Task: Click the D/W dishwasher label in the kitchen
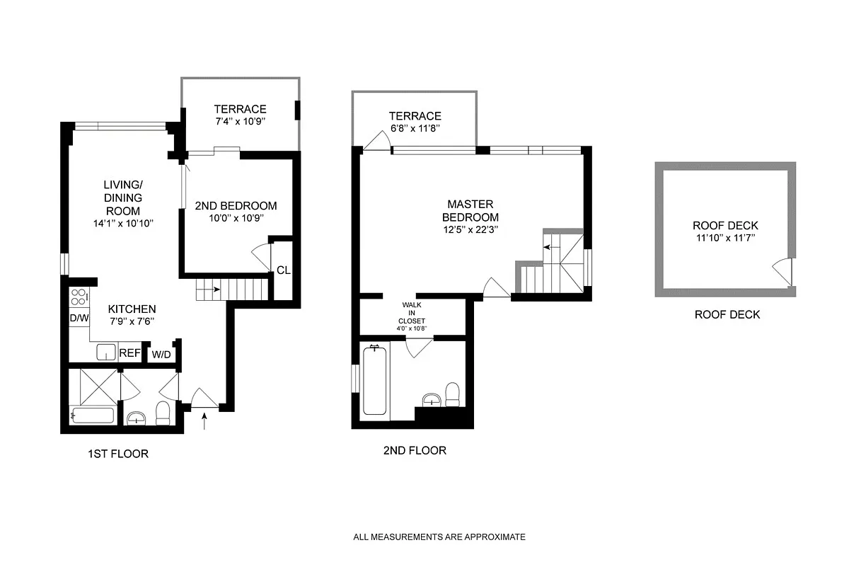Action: point(79,318)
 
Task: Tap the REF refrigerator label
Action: point(129,353)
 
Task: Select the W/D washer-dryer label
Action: point(161,355)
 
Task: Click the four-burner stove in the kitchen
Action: point(79,297)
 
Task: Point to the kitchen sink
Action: point(106,352)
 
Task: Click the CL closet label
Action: point(284,270)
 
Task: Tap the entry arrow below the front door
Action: point(204,421)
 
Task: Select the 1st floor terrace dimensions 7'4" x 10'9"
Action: point(240,121)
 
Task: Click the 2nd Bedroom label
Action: point(236,206)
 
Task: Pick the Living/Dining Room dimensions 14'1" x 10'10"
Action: point(123,224)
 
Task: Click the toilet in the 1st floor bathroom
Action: point(163,413)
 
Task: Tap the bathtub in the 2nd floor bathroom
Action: point(374,381)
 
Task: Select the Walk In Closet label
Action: point(412,313)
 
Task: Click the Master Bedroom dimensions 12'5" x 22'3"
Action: point(470,230)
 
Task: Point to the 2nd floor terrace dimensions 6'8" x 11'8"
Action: point(415,128)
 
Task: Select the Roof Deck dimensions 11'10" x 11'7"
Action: point(725,238)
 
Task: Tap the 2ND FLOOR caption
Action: point(415,450)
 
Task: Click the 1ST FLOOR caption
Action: point(118,454)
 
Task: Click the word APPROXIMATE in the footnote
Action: point(495,537)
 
